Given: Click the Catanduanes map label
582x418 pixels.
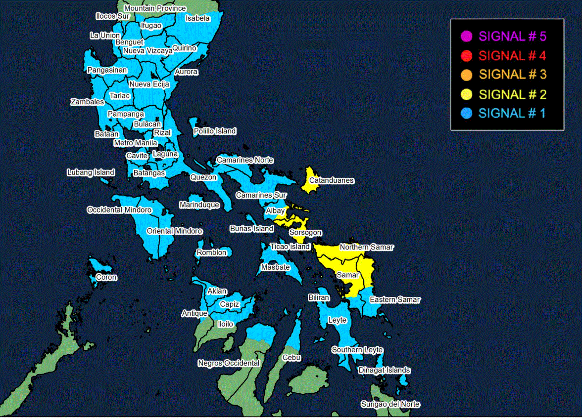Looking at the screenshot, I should [332, 180].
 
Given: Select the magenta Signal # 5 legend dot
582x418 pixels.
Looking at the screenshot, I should [466, 36].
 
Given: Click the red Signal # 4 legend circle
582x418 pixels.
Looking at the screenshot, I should [466, 55].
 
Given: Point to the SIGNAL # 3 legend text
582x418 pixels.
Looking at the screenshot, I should [513, 75].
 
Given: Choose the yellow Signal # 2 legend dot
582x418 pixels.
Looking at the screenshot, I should [466, 94].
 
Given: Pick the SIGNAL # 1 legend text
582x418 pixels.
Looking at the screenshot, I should [512, 113].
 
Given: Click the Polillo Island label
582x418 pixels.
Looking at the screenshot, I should [215, 131].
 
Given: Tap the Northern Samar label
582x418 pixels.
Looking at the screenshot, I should [366, 247].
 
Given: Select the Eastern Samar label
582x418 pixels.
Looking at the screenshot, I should [395, 299].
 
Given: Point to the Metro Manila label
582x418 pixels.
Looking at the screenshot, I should [135, 143].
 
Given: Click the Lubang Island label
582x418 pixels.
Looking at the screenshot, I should [91, 172].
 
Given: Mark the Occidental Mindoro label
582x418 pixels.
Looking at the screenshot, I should [119, 210].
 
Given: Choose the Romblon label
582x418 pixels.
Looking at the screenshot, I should [211, 252].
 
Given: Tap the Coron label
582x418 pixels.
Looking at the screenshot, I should [106, 277].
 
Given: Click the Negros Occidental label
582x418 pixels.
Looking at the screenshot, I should [229, 363].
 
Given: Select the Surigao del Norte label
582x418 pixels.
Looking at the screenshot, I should [390, 404].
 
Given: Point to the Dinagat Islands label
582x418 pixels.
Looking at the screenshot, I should [384, 370].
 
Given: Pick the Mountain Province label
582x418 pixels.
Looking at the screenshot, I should [155, 8].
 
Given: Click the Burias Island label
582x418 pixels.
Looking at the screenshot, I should [251, 229].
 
